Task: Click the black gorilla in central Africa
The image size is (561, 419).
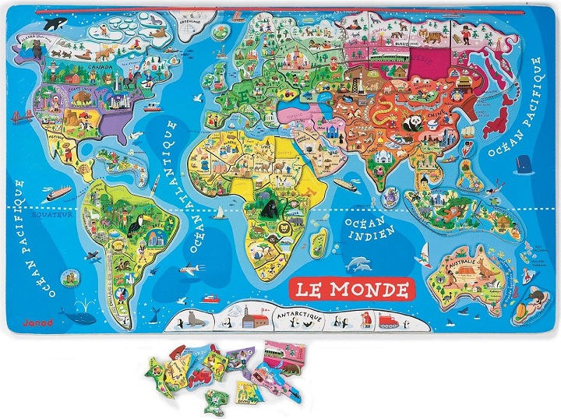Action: pos(272,209)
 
